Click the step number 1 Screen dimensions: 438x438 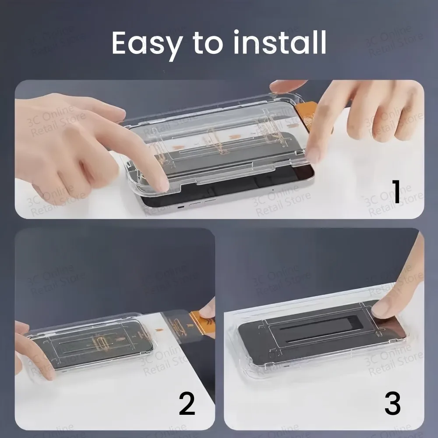[x=396, y=192]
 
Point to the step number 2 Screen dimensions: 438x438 [x=187, y=404]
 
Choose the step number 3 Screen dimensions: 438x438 [x=392, y=404]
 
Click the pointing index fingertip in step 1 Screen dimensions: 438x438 [x=160, y=184]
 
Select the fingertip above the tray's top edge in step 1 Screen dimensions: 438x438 [x=285, y=86]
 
